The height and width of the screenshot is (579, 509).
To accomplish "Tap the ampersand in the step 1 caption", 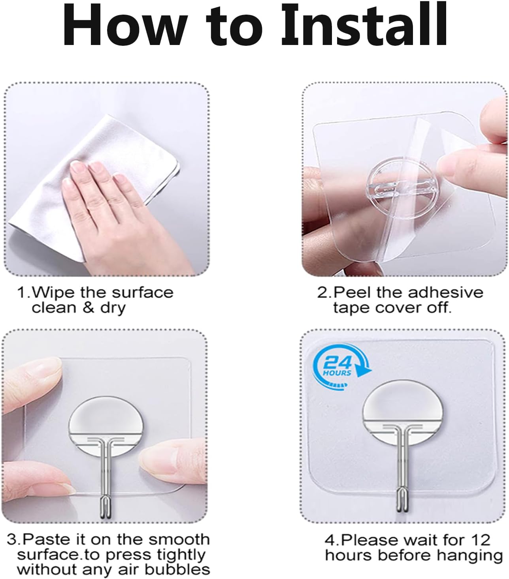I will pyautogui.click(x=88, y=308).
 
